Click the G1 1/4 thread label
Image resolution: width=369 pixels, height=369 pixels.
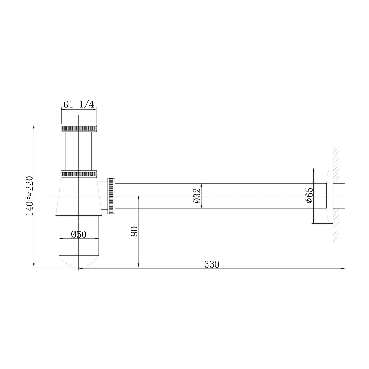pos(79,105)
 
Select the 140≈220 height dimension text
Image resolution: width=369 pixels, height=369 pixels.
pos(30,196)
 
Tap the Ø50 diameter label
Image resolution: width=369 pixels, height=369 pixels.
pos(79,234)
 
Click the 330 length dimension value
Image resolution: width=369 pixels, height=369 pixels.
pos(211,264)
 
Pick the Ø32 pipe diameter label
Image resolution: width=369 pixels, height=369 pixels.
pos(197,196)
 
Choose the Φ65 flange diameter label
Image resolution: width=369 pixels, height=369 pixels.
pos(309,196)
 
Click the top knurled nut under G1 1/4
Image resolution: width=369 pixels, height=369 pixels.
pos(79,128)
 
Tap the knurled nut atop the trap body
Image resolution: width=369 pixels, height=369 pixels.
pos(79,174)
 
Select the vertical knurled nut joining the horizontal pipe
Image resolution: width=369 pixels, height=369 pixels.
pos(111,196)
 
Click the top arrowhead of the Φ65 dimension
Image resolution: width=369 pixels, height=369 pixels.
pos(314,170)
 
